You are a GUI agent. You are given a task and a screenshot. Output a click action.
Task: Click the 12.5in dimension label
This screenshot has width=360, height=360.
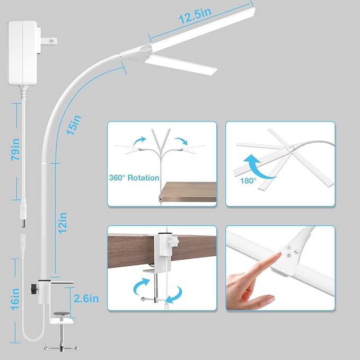(x=192, y=17)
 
